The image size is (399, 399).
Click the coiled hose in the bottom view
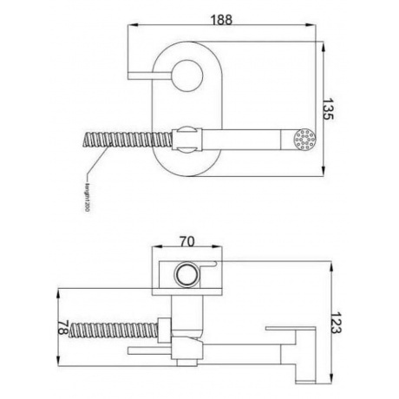(113, 330)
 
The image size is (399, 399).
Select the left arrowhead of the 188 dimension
(131, 27)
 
